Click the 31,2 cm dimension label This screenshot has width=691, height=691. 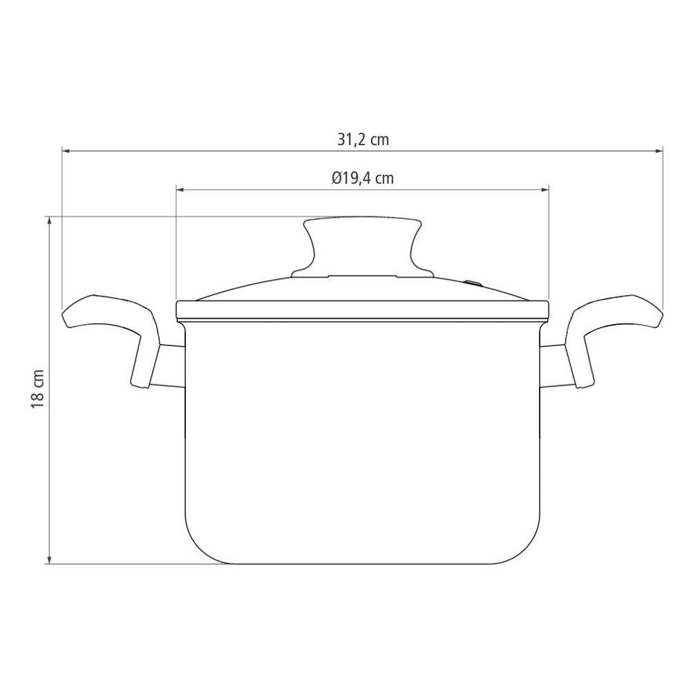point(363,140)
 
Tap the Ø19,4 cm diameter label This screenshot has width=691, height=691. point(363,178)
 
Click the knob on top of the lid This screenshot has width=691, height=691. point(362,247)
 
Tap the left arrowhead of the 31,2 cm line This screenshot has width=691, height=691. point(65,151)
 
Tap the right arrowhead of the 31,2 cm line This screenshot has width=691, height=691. point(659,151)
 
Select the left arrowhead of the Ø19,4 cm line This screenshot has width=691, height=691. point(180,189)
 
